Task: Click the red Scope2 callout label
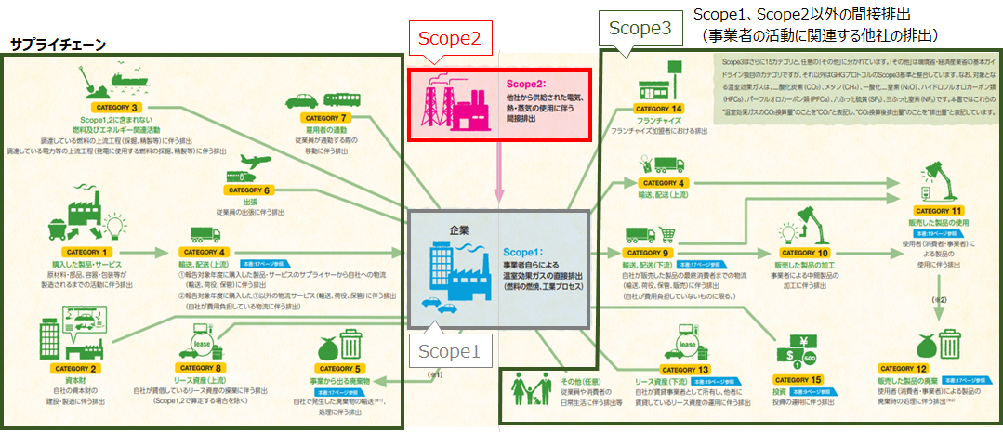pyautogui.click(x=448, y=39)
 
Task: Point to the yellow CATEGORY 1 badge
pyautogui.click(x=88, y=252)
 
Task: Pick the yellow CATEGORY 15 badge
pyautogui.click(x=804, y=379)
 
